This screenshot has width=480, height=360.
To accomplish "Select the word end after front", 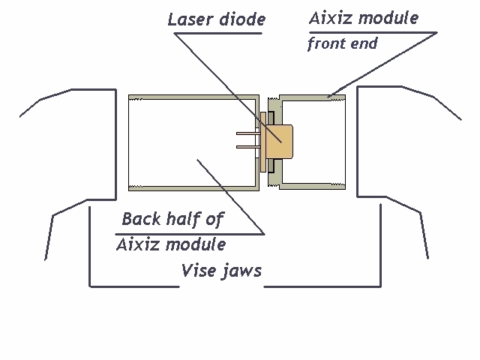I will [364, 43].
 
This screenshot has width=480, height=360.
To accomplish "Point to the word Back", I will [140, 219].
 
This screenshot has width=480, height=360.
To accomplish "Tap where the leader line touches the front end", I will [330, 96].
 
